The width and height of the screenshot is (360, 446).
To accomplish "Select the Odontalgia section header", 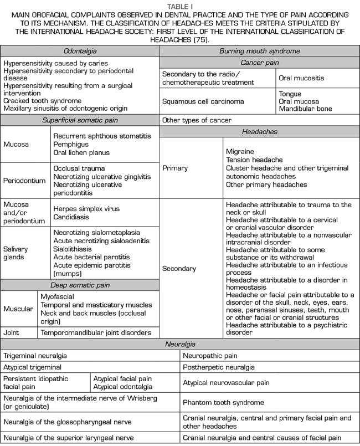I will click(x=80, y=51).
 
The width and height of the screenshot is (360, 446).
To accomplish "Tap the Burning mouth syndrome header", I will click(x=259, y=51).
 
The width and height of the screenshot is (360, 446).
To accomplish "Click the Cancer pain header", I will click(x=259, y=63).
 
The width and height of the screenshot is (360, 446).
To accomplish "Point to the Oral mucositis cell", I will click(x=304, y=78).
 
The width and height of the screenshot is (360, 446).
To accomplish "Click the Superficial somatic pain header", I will click(x=80, y=120).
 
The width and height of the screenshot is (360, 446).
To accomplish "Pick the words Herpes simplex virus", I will click(x=86, y=209).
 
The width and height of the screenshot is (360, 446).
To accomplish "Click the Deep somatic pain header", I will click(x=80, y=285).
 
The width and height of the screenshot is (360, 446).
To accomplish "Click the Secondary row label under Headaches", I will click(x=179, y=268).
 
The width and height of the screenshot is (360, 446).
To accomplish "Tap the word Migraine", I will click(x=240, y=151).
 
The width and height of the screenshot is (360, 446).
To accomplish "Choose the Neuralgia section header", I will click(x=180, y=344).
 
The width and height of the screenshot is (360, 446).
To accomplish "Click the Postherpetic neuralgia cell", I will click(x=219, y=367).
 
